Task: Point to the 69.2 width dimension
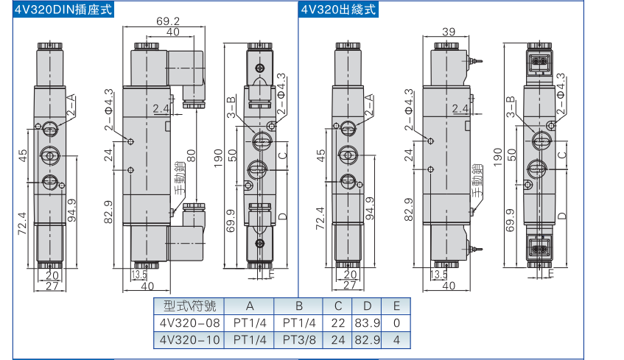(x=169, y=22)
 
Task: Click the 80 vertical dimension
(x=191, y=156)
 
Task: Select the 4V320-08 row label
(x=189, y=322)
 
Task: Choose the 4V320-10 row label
(x=189, y=339)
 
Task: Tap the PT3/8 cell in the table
(x=299, y=339)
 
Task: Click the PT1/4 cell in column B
(x=299, y=322)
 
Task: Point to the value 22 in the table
(x=338, y=322)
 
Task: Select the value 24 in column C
(x=338, y=339)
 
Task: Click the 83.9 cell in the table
(x=367, y=322)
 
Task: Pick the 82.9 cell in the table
(x=367, y=339)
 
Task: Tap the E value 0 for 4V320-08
(x=396, y=322)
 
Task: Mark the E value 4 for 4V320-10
(x=396, y=339)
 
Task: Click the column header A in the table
(x=249, y=306)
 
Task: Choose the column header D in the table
(x=367, y=306)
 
